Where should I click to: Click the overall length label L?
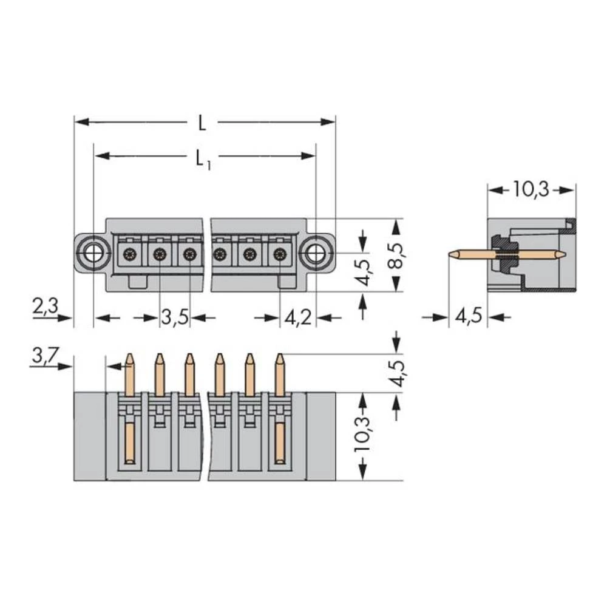tap(202, 123)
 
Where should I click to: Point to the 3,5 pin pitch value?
tap(175, 317)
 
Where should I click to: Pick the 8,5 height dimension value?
tap(396, 255)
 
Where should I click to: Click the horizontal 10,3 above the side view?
tap(531, 189)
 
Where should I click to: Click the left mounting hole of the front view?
tap(92, 253)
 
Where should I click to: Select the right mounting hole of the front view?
tap(315, 253)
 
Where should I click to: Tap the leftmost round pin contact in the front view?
tap(129, 254)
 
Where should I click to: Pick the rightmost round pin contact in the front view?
tap(279, 254)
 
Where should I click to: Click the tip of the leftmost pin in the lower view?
tap(129, 356)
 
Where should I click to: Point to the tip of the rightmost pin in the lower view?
tap(279, 356)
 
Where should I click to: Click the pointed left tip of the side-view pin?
tap(450, 254)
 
